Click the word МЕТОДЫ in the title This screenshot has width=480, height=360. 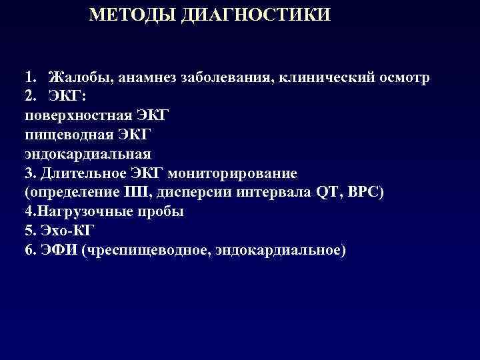(130, 15)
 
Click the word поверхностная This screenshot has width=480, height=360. (73, 116)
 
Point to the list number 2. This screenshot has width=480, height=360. (31, 97)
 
